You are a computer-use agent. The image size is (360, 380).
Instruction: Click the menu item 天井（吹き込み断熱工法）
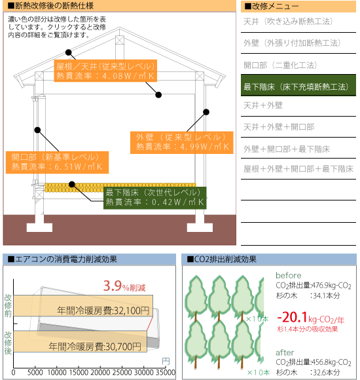click(288, 22)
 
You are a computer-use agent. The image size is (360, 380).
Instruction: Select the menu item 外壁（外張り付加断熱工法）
click(292, 43)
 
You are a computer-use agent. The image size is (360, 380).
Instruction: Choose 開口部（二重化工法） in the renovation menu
click(280, 66)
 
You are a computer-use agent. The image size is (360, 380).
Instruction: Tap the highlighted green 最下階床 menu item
click(298, 85)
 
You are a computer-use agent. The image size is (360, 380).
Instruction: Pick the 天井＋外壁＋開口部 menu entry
click(279, 126)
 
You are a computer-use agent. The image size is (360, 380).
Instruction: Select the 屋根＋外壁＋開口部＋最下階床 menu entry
click(298, 168)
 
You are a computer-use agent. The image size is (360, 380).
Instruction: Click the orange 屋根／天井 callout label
click(105, 71)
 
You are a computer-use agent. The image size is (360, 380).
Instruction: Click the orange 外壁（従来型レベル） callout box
click(181, 143)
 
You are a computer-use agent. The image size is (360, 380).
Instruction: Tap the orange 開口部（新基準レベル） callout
click(57, 162)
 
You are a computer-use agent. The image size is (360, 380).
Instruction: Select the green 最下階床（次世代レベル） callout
click(155, 198)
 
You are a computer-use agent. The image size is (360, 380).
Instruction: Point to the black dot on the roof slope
click(69, 52)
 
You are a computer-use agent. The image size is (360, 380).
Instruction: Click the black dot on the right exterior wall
click(206, 112)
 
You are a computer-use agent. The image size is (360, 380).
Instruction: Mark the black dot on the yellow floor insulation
click(72, 184)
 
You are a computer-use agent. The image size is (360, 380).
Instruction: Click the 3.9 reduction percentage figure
click(113, 286)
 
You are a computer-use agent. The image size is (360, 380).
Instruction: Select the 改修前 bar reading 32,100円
click(83, 305)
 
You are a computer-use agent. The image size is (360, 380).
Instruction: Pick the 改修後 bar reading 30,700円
click(80, 341)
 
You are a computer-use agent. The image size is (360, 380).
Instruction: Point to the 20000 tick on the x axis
click(100, 373)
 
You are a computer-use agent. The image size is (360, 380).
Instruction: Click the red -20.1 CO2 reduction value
click(293, 318)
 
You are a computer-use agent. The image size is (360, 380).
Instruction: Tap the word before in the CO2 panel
click(289, 276)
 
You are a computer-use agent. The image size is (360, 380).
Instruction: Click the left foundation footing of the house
click(39, 227)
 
